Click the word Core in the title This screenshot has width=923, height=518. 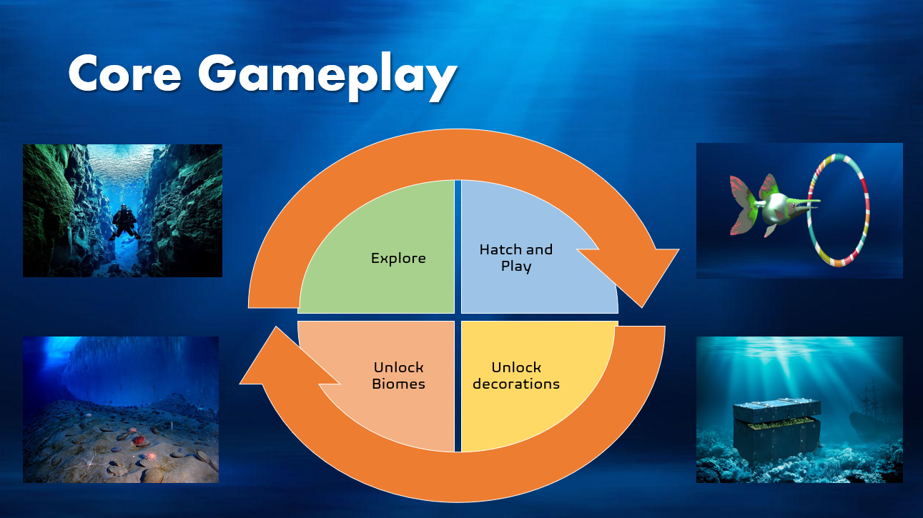pos(124,73)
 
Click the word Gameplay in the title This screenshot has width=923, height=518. pos(327,76)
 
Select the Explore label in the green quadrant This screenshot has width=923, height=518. pos(398,258)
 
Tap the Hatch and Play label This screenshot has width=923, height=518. pos(516,258)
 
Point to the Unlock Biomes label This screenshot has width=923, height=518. pos(398,376)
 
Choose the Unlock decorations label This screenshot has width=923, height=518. pos(516,376)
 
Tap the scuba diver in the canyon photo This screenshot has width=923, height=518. pos(124,222)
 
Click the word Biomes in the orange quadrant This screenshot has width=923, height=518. pos(398,384)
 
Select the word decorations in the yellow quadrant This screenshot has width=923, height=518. pos(516,384)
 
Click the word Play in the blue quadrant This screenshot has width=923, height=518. pos(516,266)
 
